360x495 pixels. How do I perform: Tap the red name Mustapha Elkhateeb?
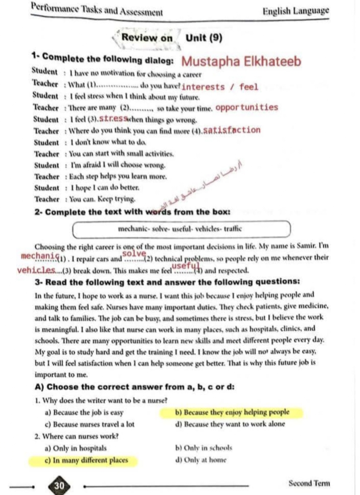[241, 62]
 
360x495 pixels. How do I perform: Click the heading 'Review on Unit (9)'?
[171, 37]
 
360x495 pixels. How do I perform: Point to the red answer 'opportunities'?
[247, 107]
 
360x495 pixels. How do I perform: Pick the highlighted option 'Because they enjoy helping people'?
[232, 412]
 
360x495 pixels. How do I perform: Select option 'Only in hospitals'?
[77, 448]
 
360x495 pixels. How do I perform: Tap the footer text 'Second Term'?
[309, 483]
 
